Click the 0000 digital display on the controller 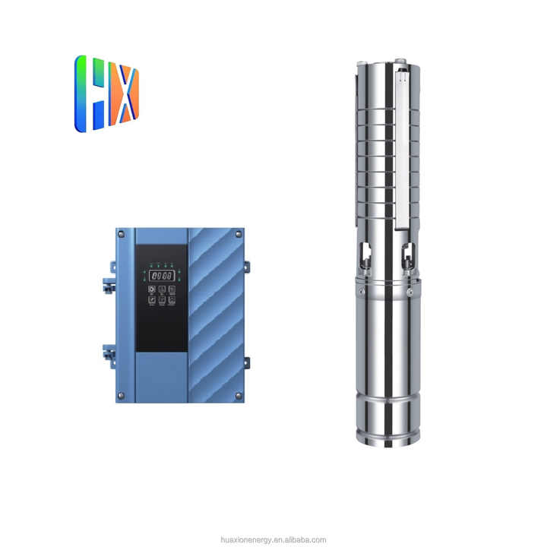(160, 275)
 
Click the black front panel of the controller (161, 319)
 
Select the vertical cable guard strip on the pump (402, 144)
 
